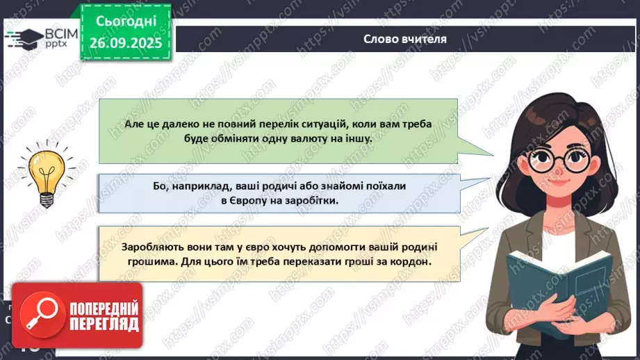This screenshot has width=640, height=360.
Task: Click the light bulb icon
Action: click(x=47, y=173)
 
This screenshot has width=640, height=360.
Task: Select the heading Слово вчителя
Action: click(x=405, y=39)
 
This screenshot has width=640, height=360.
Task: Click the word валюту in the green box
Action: click(x=307, y=138)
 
